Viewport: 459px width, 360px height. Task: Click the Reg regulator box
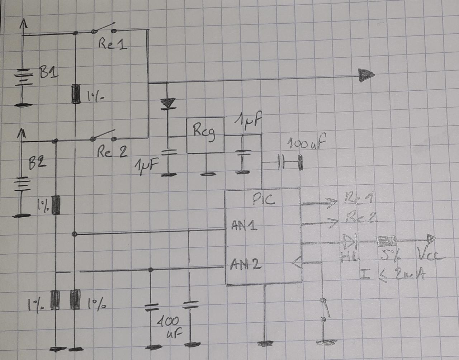pyautogui.click(x=205, y=135)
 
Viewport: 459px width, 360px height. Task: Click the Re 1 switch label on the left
pyautogui.click(x=112, y=44)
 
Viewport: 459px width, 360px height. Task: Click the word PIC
pyautogui.click(x=264, y=199)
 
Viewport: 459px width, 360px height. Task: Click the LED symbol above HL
pyautogui.click(x=349, y=242)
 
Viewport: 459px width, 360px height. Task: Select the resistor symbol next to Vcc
pyautogui.click(x=385, y=240)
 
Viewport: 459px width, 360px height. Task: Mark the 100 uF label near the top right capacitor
pyautogui.click(x=307, y=144)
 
